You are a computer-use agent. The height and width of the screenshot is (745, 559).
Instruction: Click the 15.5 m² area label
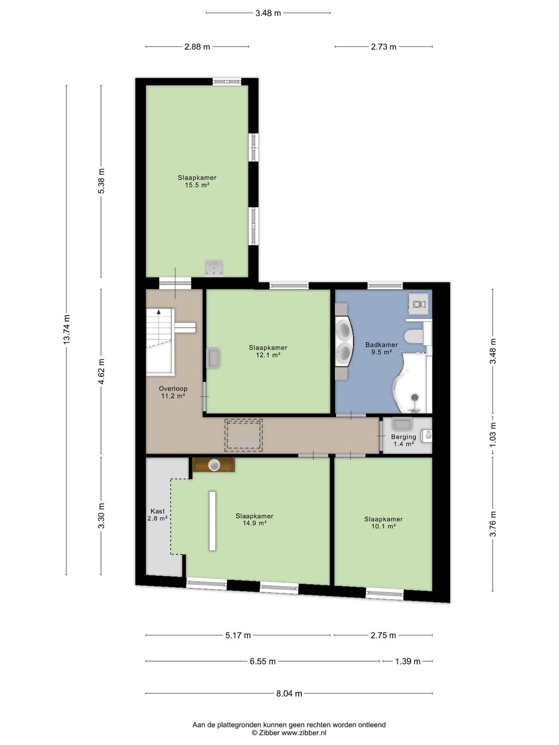pyautogui.click(x=197, y=185)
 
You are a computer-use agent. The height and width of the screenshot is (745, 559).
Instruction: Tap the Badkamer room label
pyautogui.click(x=381, y=345)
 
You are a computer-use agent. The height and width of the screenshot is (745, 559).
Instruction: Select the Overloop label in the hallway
pyautogui.click(x=173, y=389)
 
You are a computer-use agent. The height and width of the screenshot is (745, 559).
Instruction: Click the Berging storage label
pyautogui.click(x=404, y=437)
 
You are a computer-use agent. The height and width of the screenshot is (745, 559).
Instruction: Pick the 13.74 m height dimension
pyautogui.click(x=67, y=330)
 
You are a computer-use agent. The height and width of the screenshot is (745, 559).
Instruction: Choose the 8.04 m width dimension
pyautogui.click(x=289, y=693)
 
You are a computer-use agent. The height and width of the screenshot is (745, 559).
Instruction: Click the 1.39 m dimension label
pyautogui.click(x=408, y=662)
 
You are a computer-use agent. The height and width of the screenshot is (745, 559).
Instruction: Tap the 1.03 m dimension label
pyautogui.click(x=493, y=435)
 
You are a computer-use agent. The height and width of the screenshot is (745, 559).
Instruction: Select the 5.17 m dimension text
pyautogui.click(x=238, y=635)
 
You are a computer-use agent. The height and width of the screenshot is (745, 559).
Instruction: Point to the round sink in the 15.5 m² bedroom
pyautogui.click(x=214, y=267)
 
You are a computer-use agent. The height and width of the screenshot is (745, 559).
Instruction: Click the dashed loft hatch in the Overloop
pyautogui.click(x=243, y=435)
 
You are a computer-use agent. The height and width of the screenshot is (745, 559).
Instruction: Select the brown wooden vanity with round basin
pyautogui.click(x=214, y=465)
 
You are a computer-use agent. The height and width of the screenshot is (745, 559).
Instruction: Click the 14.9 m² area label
pyautogui.click(x=254, y=523)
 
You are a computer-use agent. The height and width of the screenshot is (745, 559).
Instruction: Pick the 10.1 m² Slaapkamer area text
pyautogui.click(x=384, y=526)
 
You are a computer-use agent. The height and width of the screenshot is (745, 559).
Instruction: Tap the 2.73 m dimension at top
pyautogui.click(x=384, y=47)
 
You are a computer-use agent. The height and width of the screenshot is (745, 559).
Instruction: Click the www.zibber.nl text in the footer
pyautogui.click(x=304, y=733)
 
